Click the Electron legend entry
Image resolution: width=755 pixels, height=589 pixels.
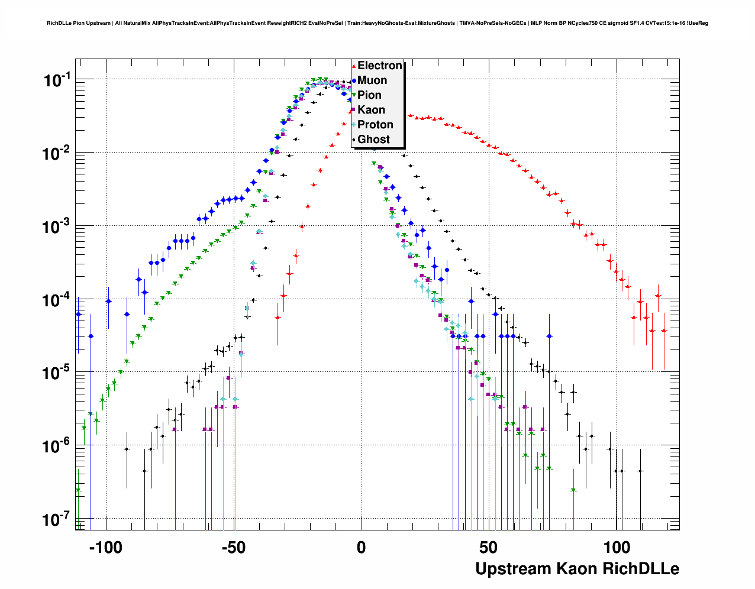379,66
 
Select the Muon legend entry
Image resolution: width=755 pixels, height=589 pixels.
372,80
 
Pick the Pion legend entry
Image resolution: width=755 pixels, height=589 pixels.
369,95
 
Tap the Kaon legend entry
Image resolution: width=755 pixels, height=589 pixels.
371,110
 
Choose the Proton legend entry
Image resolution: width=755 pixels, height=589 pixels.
375,125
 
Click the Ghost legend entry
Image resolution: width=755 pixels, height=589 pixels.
373,140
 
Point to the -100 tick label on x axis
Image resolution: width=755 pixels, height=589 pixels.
105,548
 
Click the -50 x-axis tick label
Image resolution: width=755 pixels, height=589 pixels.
233,548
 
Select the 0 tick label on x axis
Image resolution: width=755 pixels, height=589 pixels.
361,548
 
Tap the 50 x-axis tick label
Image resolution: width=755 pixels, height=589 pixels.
489,548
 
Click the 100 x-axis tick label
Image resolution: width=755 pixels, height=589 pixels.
617,548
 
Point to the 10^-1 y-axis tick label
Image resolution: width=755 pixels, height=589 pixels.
57,80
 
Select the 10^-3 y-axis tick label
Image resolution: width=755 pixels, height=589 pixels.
57,226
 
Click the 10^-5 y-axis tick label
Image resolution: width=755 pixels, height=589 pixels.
57,373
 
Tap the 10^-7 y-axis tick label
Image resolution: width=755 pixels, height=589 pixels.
57,520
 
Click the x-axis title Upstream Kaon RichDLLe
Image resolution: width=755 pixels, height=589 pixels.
577,569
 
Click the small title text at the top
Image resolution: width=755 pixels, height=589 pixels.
377,23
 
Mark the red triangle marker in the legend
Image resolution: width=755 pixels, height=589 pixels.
354,66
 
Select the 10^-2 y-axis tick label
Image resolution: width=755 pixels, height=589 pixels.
57,153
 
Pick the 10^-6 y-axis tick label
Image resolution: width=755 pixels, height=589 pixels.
57,446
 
